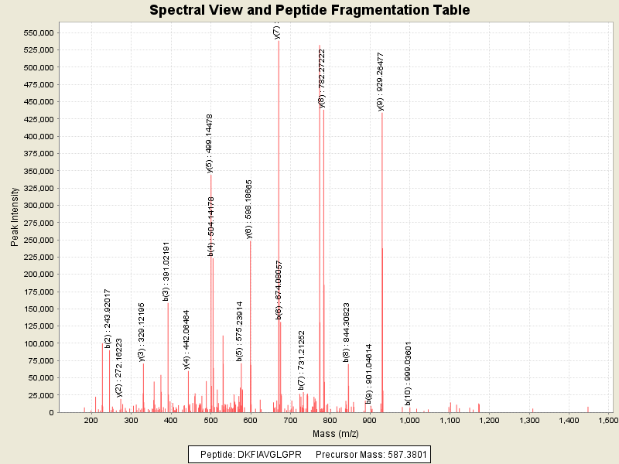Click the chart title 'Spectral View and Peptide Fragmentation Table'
click(x=309, y=10)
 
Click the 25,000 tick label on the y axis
click(x=37, y=395)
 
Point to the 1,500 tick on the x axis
click(x=608, y=420)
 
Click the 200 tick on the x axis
click(x=91, y=420)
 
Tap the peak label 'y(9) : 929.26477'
click(x=381, y=81)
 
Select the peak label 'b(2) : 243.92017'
click(x=108, y=318)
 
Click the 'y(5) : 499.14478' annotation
click(x=210, y=143)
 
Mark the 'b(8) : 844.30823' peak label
click(x=347, y=332)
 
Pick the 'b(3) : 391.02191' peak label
click(x=166, y=271)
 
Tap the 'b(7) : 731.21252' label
click(x=302, y=360)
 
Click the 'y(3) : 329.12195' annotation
click(x=142, y=332)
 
